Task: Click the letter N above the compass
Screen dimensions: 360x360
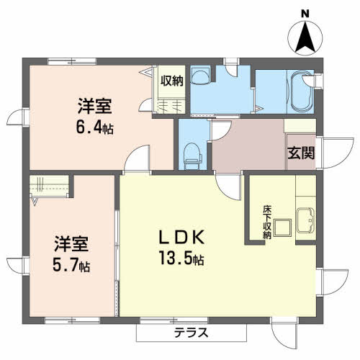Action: click(x=305, y=14)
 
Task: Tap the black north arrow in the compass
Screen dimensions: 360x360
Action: click(x=305, y=37)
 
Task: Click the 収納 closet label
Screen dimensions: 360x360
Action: click(x=172, y=81)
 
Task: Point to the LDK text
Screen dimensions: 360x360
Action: click(x=182, y=237)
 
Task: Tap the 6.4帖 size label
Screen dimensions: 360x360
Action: click(x=95, y=127)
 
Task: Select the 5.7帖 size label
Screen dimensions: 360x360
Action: click(x=71, y=265)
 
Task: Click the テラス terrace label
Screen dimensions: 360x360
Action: click(x=191, y=333)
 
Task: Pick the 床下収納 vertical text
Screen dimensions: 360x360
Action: click(x=267, y=222)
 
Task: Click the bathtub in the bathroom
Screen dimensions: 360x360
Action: click(x=301, y=91)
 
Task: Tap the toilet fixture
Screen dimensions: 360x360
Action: click(x=192, y=156)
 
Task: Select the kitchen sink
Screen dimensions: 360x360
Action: click(x=305, y=220)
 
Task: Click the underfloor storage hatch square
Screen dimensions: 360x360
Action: click(x=283, y=228)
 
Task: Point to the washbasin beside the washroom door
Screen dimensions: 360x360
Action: click(x=201, y=75)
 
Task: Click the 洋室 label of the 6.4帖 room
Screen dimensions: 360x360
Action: click(x=95, y=107)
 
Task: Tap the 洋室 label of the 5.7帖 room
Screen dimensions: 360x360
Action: click(x=71, y=244)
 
